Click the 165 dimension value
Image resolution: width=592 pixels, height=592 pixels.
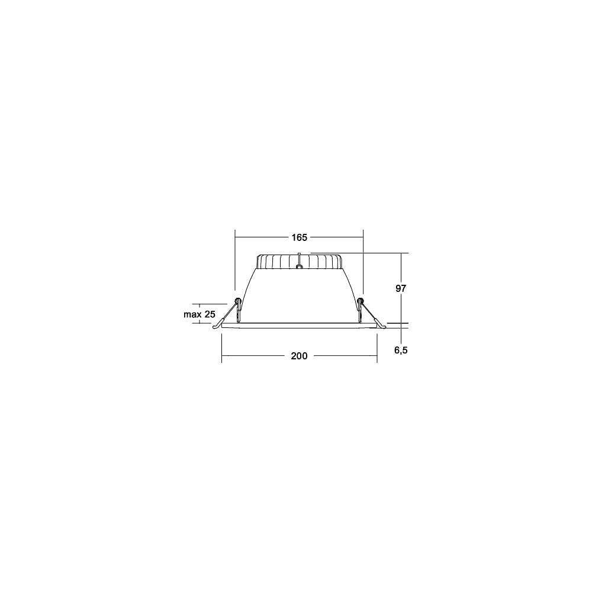pyautogui.click(x=299, y=237)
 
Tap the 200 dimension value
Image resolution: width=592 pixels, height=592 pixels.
pyautogui.click(x=299, y=356)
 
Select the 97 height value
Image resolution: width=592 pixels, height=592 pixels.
pyautogui.click(x=401, y=288)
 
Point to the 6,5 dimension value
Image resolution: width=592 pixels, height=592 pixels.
pyautogui.click(x=401, y=350)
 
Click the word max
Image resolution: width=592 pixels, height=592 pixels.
pyautogui.click(x=192, y=314)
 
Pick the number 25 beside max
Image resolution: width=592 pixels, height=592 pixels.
pyautogui.click(x=210, y=314)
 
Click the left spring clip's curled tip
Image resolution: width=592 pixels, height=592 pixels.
pyautogui.click(x=215, y=327)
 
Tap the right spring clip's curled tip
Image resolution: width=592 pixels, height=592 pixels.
pyautogui.click(x=382, y=327)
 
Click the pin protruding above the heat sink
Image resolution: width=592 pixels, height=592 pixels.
pyautogui.click(x=298, y=259)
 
